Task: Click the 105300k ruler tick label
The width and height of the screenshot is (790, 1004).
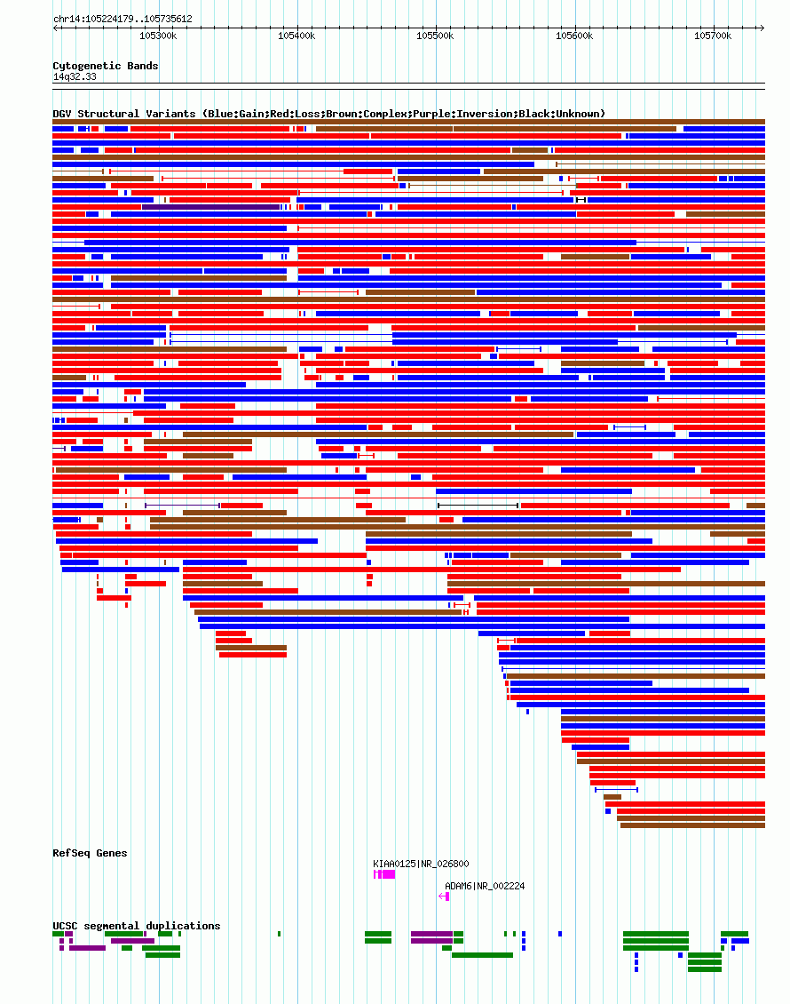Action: click(158, 36)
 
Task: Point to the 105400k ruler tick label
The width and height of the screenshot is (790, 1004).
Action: click(296, 36)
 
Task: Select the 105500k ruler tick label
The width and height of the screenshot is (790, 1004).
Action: click(435, 36)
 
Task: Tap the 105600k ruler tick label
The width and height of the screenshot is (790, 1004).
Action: click(573, 36)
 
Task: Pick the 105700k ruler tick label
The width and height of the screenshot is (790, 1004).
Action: click(712, 36)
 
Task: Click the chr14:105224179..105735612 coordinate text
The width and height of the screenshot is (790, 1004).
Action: click(122, 19)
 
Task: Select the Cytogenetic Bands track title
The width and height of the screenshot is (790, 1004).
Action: click(106, 66)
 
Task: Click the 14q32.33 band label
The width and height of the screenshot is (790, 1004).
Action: click(75, 77)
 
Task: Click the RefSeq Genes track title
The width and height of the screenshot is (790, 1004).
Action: click(90, 853)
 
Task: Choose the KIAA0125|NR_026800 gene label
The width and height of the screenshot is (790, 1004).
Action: click(421, 864)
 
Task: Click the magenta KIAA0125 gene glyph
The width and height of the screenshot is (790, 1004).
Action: click(384, 875)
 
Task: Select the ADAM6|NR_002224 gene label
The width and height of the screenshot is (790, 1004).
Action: click(485, 886)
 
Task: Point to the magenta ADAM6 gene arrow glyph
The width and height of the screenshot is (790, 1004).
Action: click(444, 896)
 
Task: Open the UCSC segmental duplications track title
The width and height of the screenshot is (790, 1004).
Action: click(137, 926)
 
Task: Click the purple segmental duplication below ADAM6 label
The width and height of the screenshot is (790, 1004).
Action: click(431, 934)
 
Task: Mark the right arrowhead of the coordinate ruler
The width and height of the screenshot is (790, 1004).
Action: click(762, 28)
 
